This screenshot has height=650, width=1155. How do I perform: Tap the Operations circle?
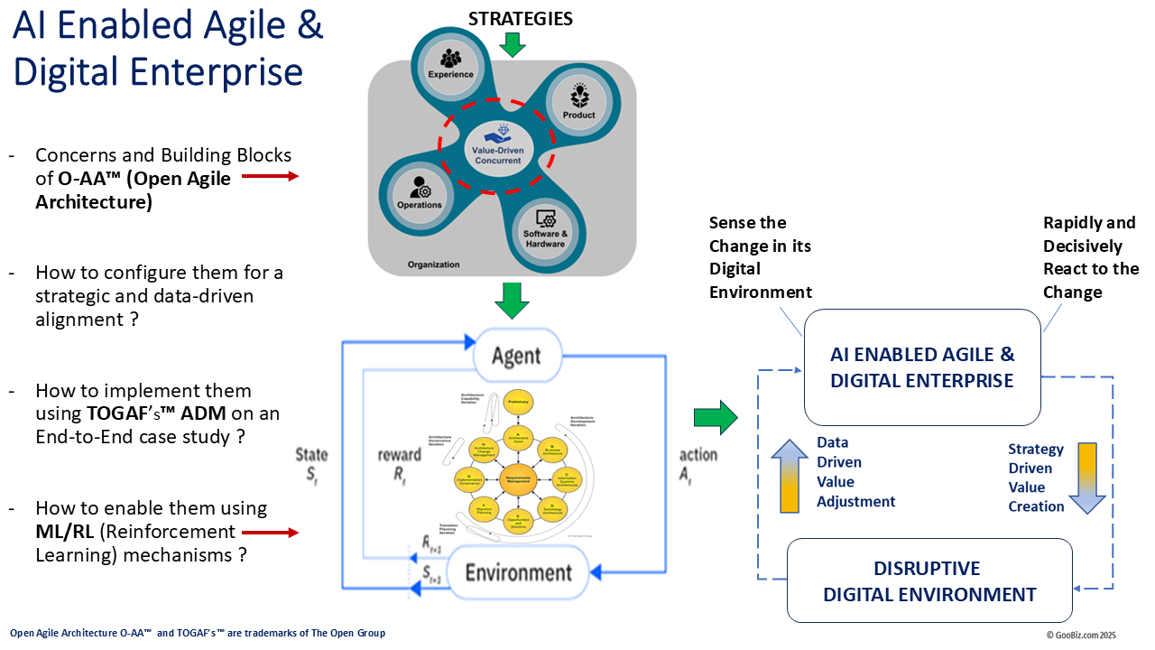(420, 190)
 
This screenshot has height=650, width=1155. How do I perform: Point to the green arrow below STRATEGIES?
(512, 44)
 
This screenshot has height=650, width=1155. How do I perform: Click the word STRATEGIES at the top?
(520, 19)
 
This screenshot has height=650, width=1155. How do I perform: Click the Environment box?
(518, 572)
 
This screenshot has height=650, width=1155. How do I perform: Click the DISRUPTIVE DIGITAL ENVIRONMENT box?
(929, 581)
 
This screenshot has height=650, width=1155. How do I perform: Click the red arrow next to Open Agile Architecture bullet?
(270, 177)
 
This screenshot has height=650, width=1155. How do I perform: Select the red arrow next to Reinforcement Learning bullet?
(270, 533)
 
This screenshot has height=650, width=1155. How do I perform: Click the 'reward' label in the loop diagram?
(399, 455)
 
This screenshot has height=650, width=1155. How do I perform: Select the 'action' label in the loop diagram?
(698, 455)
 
